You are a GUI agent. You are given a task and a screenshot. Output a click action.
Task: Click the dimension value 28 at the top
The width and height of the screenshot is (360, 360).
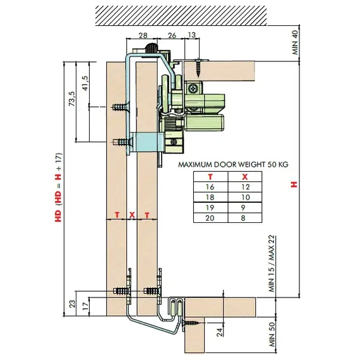143,35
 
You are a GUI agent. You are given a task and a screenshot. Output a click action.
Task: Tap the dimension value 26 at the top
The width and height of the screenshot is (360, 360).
172,35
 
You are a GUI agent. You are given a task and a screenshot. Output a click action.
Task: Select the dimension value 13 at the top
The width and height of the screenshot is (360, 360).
192,35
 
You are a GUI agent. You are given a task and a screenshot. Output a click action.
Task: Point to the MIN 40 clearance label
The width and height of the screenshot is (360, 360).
295,42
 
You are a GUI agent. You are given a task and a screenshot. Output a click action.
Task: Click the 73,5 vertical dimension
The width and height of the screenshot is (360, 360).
72,99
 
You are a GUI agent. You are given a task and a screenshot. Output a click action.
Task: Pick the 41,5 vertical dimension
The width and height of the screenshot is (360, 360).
85,83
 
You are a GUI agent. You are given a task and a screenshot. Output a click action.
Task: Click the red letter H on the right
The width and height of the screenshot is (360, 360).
294,184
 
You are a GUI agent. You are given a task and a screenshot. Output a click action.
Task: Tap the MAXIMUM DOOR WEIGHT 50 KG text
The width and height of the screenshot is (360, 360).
233,165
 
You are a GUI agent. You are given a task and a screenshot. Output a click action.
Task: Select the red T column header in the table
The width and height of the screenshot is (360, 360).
210,177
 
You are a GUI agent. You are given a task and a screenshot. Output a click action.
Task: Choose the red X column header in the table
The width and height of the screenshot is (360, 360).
245,177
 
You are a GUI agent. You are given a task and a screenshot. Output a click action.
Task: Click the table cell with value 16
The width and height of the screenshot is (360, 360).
210,187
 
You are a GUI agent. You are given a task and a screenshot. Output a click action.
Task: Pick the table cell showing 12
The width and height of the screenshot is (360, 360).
245,187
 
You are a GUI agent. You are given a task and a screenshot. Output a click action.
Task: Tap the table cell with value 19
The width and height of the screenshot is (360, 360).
210,208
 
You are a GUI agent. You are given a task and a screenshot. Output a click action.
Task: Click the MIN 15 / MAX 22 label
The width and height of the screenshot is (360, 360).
272,263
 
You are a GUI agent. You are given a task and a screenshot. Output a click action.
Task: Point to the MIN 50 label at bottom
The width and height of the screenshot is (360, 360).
272,335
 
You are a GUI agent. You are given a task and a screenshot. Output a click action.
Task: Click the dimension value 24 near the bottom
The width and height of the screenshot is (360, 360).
220,332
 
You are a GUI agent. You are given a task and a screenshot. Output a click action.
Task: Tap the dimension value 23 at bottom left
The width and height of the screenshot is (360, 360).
72,304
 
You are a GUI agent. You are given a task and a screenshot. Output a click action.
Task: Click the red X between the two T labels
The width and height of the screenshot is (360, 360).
132,215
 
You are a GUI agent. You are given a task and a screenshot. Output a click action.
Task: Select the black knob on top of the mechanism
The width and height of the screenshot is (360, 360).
152,48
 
